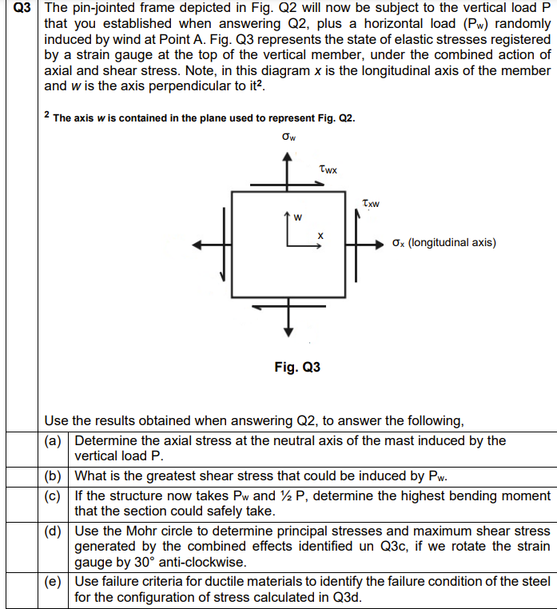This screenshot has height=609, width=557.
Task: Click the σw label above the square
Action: [289, 137]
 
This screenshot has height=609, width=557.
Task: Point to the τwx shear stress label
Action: [327, 169]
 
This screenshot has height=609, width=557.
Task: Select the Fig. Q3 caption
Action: [296, 368]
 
